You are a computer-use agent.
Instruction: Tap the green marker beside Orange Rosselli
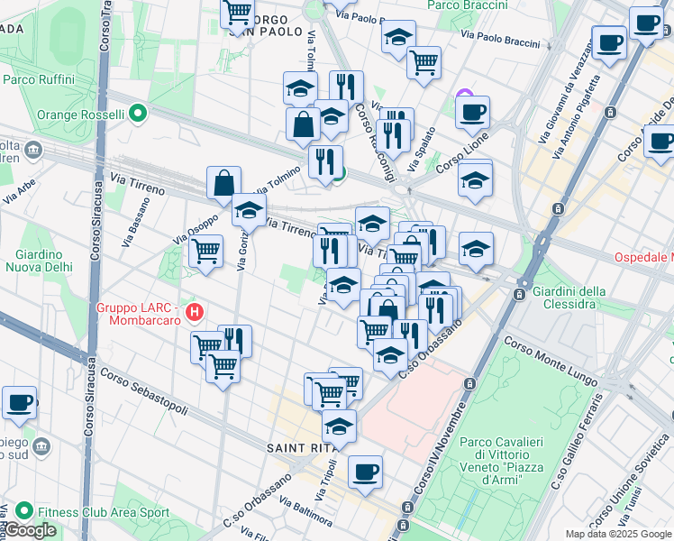[137, 115]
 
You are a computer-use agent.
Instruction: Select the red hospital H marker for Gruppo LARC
[194, 314]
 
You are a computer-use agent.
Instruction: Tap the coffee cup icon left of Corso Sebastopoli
[19, 403]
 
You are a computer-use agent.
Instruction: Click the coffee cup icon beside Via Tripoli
[365, 472]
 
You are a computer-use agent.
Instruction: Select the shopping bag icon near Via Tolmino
[223, 183]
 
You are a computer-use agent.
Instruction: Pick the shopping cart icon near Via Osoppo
[206, 250]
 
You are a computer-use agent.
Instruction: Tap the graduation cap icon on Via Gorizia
[249, 211]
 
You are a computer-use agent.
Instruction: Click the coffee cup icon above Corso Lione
[472, 113]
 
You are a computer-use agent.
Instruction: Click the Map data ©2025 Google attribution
[618, 534]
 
